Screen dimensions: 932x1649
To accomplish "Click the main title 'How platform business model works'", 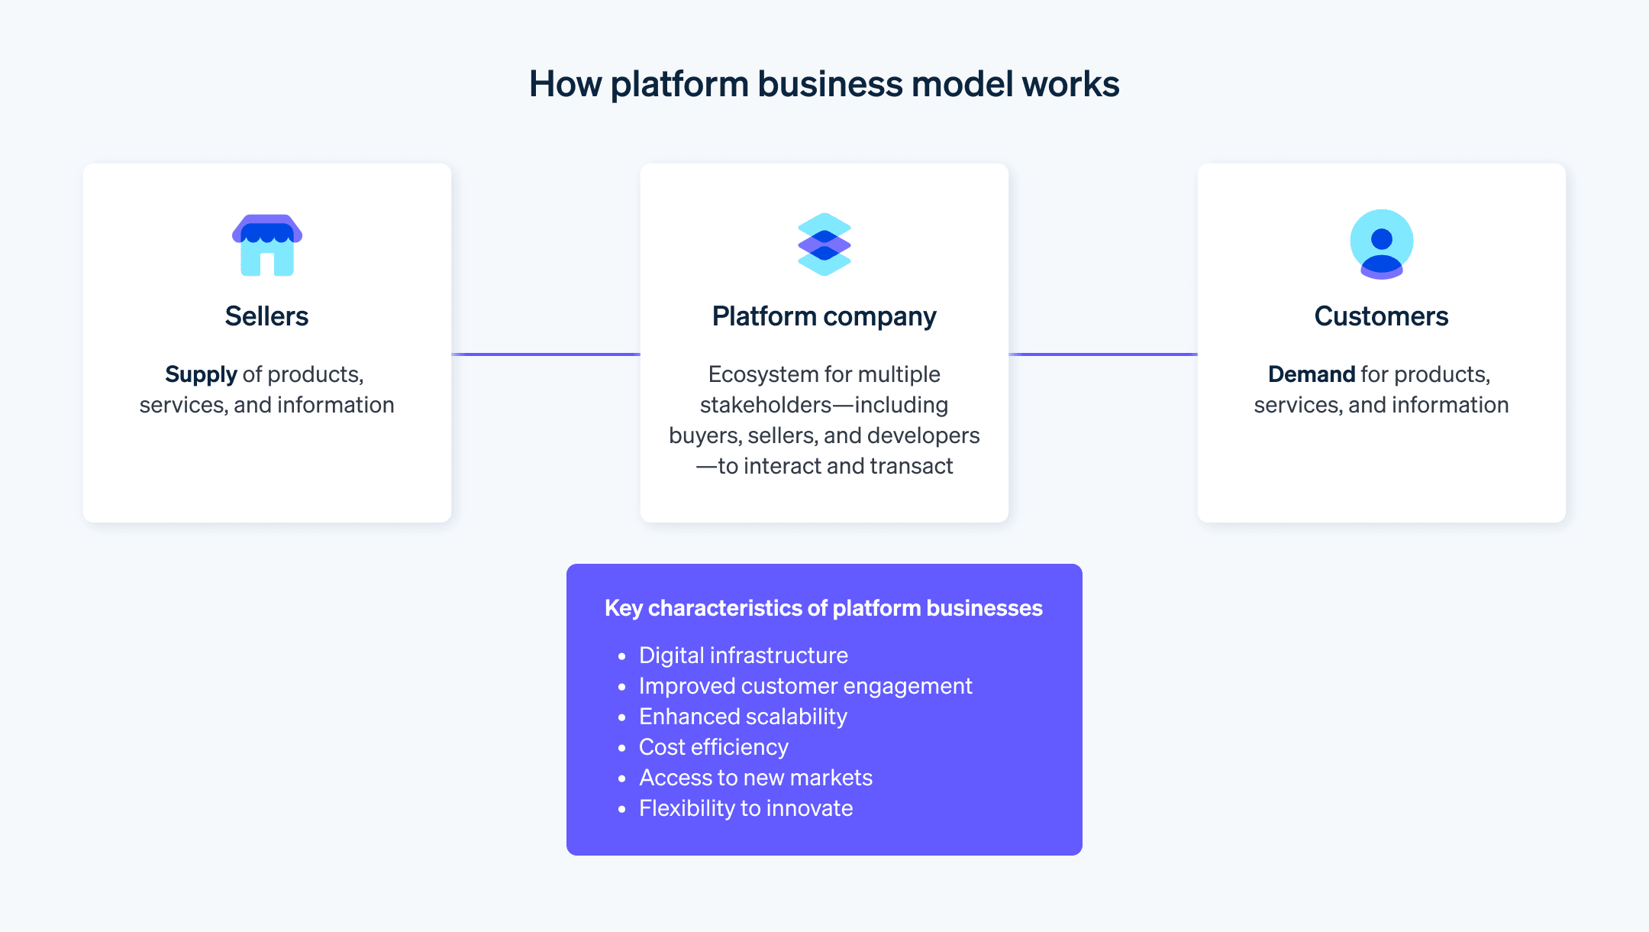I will click(824, 84).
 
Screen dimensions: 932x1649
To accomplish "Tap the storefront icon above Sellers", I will click(267, 244).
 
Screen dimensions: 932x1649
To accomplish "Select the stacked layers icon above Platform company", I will click(824, 244).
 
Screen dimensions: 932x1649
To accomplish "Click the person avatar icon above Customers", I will click(1381, 244).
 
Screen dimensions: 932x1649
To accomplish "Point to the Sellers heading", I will click(266, 316).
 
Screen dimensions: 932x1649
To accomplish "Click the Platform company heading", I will click(824, 316).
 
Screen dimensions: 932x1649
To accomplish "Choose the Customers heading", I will click(1381, 316).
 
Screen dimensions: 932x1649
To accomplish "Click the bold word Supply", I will click(201, 374).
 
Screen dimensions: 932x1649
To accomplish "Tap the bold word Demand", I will click(1311, 374).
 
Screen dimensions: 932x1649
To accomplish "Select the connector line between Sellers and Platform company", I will click(546, 354).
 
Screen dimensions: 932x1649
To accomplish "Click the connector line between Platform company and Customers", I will click(1103, 354).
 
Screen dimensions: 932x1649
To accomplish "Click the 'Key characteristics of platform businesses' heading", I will click(823, 608).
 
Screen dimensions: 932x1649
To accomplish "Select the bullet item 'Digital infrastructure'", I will click(743, 655).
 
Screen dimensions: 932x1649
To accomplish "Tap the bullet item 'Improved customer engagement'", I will click(805, 686).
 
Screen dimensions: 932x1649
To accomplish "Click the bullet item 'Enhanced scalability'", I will click(742, 717).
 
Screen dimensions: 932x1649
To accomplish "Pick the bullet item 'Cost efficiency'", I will click(713, 747).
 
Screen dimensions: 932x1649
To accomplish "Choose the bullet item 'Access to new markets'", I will click(755, 778).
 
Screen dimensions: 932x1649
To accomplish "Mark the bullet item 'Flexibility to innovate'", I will click(745, 808).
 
